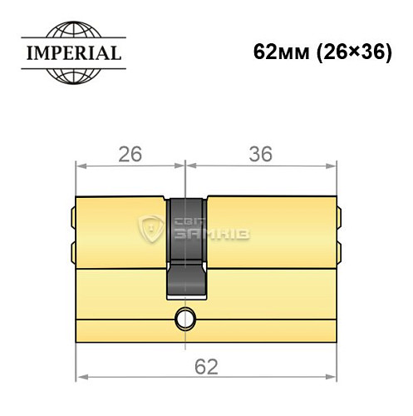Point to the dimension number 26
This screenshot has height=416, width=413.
(x=129, y=154)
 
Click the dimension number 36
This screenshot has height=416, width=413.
(x=262, y=154)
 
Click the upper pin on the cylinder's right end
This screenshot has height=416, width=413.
(x=339, y=220)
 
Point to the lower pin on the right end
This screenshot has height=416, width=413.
(x=339, y=249)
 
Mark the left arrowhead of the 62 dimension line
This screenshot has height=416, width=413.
(x=81, y=379)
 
